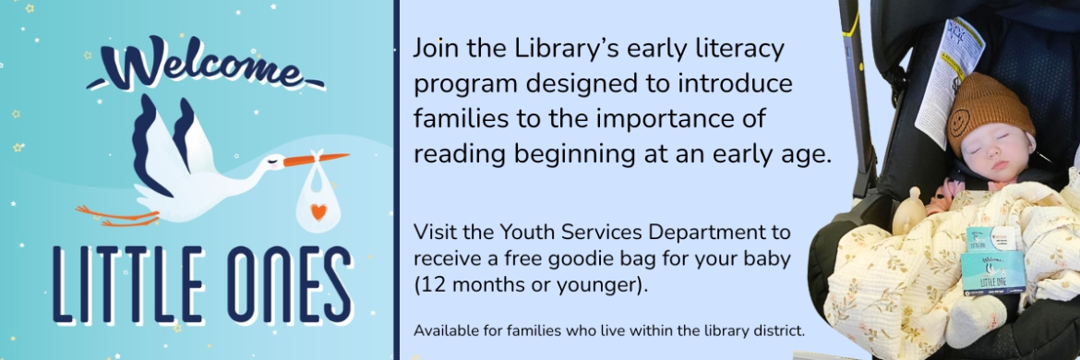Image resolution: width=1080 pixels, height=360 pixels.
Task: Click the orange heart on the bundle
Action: coord(318,210)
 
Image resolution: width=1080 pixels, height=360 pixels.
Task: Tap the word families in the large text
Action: coord(460,118)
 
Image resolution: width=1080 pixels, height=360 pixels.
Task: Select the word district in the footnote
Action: coord(778,330)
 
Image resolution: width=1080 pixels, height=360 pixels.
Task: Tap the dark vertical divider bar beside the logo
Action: coord(397,180)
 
